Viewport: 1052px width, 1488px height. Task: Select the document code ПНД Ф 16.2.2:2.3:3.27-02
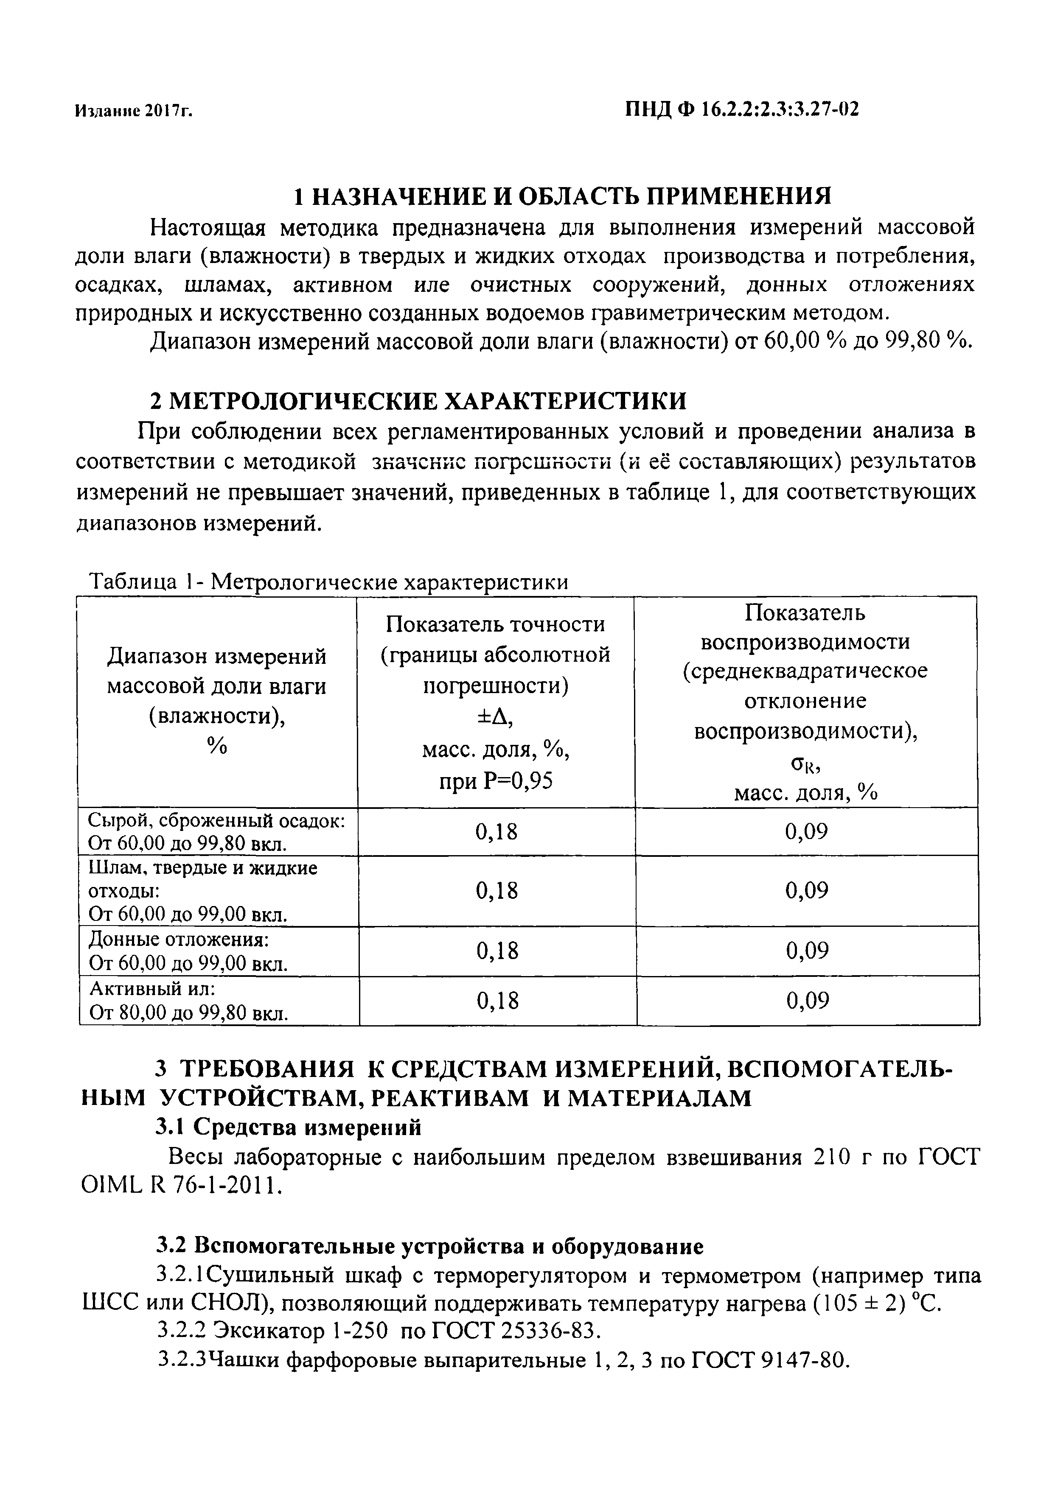(741, 109)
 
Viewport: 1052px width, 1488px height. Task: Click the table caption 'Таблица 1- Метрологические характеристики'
(328, 582)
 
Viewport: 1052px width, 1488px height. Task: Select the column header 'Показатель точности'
(495, 624)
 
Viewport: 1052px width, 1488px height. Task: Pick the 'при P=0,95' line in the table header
(495, 781)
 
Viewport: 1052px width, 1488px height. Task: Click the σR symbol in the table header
(805, 765)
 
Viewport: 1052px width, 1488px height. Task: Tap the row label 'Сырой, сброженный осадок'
(216, 821)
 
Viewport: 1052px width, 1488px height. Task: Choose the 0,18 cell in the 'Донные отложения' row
(497, 951)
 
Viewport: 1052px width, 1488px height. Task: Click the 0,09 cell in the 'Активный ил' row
(807, 1001)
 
